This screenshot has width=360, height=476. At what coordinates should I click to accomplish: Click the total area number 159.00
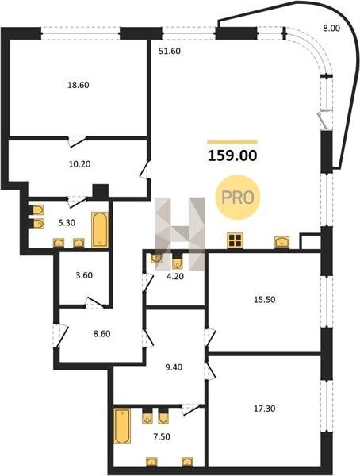pyautogui.click(x=232, y=155)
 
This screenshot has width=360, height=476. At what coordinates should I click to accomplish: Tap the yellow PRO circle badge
pyautogui.click(x=238, y=198)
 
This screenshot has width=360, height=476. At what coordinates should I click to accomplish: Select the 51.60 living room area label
pyautogui.click(x=170, y=51)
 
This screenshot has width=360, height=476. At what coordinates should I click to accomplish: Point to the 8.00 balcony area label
pyautogui.click(x=331, y=29)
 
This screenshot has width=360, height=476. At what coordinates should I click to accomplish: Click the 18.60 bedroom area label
pyautogui.click(x=79, y=85)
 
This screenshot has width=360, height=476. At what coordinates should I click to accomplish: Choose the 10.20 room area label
pyautogui.click(x=79, y=164)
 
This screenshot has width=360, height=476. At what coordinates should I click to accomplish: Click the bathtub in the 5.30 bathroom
pyautogui.click(x=100, y=230)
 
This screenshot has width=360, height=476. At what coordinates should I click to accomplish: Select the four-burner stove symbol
pyautogui.click(x=236, y=241)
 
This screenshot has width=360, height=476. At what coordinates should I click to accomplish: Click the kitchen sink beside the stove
pyautogui.click(x=281, y=242)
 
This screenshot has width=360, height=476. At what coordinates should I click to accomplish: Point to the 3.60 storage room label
pyautogui.click(x=84, y=275)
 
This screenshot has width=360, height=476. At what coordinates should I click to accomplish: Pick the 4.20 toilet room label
pyautogui.click(x=176, y=277)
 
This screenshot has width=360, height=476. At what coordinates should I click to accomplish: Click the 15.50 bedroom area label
pyautogui.click(x=264, y=300)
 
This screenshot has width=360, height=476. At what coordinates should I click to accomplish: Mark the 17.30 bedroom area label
pyautogui.click(x=264, y=409)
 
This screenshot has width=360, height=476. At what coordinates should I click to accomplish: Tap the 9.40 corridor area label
pyautogui.click(x=174, y=367)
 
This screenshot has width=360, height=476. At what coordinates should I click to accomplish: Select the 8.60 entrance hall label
pyautogui.click(x=101, y=334)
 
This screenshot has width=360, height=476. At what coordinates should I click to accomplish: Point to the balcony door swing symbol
pyautogui.click(x=323, y=121)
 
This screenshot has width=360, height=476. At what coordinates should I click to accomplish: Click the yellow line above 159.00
pyautogui.click(x=232, y=142)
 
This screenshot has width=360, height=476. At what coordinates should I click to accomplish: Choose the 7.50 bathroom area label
pyautogui.click(x=162, y=437)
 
